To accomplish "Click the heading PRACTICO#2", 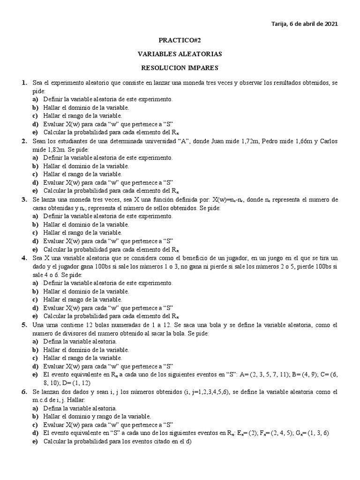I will point(180,41).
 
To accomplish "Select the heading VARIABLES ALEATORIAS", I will point(180,54).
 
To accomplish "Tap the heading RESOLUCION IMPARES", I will point(180,68).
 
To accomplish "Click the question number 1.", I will point(23,82).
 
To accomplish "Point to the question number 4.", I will point(23,258).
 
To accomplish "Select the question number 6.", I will point(23,391).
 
